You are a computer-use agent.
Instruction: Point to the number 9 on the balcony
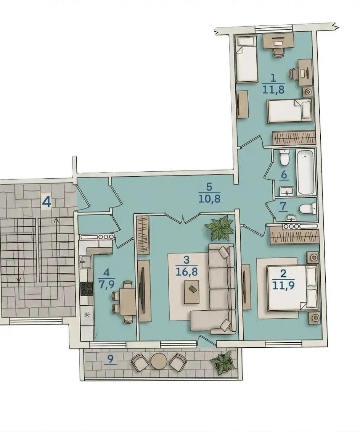110,359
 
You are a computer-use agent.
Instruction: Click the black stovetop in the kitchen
87,289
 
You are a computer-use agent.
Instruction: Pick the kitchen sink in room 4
85,261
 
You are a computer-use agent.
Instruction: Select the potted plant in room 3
219,227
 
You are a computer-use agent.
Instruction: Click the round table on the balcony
159,361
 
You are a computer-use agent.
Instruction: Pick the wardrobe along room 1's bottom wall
294,137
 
